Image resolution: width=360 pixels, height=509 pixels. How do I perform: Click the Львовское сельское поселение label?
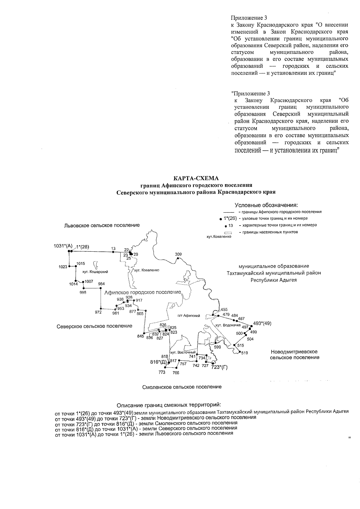102,225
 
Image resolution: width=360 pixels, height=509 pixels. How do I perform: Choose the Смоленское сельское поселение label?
182,387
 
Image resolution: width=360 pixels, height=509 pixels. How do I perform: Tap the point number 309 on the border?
178,254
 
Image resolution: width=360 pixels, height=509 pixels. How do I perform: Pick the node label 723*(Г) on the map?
219,367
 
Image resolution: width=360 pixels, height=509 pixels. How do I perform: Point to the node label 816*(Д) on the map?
158,362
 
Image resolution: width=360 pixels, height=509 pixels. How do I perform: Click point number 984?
101,284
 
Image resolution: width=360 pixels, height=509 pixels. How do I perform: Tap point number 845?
141,336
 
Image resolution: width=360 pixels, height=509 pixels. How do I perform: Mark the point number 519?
244,353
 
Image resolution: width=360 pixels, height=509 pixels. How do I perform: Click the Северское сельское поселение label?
94,326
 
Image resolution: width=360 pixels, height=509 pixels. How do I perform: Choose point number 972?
98,312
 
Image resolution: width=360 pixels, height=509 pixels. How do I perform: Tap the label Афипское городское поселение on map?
142,292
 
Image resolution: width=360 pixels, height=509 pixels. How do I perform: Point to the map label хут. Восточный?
183,352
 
